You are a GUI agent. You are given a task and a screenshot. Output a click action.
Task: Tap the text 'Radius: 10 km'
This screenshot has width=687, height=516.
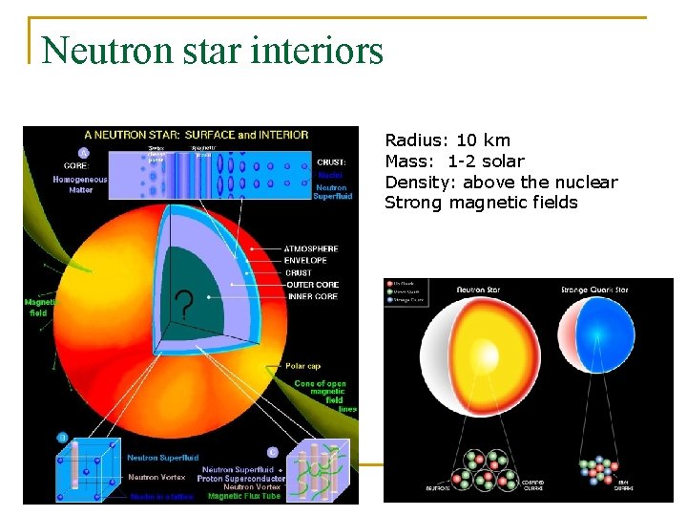(x=447, y=140)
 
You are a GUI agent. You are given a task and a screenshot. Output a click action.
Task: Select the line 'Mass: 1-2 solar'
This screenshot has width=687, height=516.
(x=454, y=161)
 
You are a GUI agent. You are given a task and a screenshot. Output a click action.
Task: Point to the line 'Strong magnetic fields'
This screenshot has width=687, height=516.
(x=481, y=203)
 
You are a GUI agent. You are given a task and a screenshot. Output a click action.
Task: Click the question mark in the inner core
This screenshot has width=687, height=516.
(x=184, y=307)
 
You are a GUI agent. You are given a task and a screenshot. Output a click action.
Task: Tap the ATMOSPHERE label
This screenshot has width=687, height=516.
(x=311, y=248)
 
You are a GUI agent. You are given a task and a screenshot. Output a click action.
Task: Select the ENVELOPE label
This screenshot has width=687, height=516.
(x=305, y=260)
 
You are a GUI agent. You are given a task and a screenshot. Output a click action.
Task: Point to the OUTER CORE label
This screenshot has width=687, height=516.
(x=311, y=284)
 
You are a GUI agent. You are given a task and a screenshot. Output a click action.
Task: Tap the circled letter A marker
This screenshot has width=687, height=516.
(x=84, y=153)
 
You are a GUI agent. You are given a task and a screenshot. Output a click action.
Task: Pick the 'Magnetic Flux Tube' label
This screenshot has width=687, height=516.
(x=244, y=496)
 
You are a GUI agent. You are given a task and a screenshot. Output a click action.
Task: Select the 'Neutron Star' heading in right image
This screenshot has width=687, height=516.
(x=483, y=289)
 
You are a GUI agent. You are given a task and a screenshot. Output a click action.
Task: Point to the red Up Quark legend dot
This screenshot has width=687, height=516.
(x=388, y=283)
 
